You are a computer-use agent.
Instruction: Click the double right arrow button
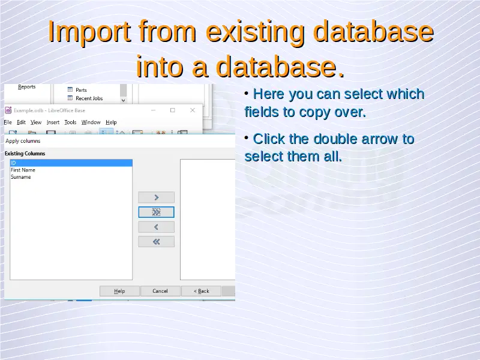(x=156, y=212)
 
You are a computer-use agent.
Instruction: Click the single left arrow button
(x=156, y=227)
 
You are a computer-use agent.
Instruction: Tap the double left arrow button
(x=156, y=242)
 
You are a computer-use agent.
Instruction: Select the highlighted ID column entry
(x=71, y=163)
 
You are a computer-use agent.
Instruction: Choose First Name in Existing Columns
(x=23, y=170)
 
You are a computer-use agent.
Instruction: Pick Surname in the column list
(x=21, y=177)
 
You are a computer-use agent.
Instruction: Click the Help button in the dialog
(x=119, y=291)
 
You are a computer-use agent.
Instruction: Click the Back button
(x=201, y=291)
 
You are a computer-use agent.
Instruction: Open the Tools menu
(x=70, y=122)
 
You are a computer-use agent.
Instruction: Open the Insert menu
(x=53, y=122)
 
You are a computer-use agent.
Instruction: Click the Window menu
(x=91, y=122)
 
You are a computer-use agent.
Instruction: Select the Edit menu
(x=21, y=122)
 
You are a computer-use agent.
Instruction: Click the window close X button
(x=193, y=110)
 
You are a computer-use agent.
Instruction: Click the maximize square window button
(x=173, y=110)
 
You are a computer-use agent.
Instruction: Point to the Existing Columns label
(x=25, y=154)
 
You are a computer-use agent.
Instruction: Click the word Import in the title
(x=89, y=32)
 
